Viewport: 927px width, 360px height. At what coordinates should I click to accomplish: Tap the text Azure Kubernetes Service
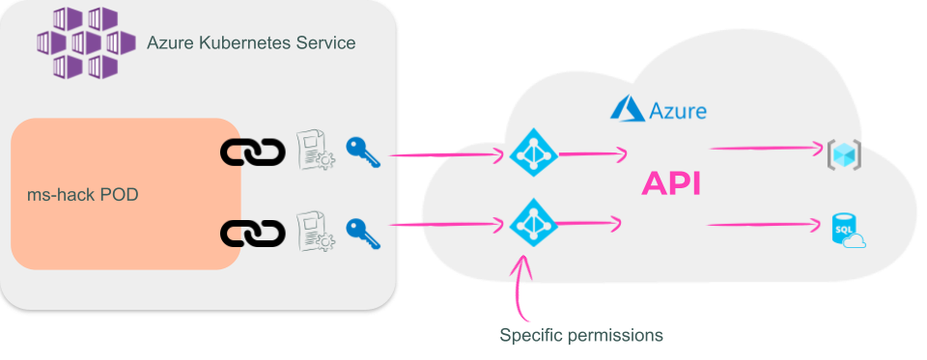pyautogui.click(x=250, y=43)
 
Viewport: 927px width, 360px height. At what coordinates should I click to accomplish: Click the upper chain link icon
pyautogui.click(x=252, y=151)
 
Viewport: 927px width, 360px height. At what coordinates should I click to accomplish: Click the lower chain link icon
pyautogui.click(x=252, y=233)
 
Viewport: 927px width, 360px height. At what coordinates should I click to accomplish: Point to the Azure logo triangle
pyautogui.click(x=627, y=108)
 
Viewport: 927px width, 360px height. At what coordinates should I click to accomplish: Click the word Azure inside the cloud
pyautogui.click(x=678, y=111)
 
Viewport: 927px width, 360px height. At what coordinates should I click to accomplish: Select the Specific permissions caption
pyautogui.click(x=581, y=336)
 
